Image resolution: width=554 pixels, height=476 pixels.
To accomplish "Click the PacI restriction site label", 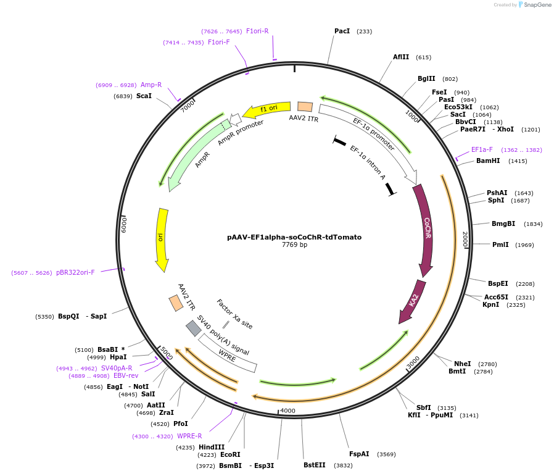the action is (342, 31).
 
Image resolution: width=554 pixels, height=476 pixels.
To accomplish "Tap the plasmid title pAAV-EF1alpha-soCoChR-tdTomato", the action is (294, 237).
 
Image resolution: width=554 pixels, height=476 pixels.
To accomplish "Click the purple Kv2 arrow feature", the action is (412, 301).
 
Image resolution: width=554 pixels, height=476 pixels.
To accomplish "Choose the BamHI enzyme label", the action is (488, 161).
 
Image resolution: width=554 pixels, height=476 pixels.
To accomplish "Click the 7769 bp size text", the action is (294, 245).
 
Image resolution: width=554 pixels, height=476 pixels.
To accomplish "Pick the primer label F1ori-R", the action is (257, 31).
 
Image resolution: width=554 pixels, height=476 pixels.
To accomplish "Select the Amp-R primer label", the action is (151, 85).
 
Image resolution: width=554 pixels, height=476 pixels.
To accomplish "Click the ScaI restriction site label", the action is (144, 96).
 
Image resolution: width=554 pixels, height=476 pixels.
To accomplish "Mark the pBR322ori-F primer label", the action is (75, 272).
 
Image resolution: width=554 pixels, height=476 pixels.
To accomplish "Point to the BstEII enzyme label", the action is (314, 465).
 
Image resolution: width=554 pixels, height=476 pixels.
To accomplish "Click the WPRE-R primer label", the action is (189, 436).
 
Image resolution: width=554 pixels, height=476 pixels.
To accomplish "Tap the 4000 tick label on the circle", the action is (288, 411).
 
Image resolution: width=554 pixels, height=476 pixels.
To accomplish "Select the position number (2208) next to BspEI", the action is (525, 284).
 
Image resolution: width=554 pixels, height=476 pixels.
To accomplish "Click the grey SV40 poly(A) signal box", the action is (194, 328).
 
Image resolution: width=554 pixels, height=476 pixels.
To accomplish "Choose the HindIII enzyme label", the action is (212, 447).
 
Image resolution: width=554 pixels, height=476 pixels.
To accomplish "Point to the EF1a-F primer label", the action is (482, 149).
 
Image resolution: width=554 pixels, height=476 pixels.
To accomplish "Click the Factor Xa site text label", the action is (234, 314).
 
